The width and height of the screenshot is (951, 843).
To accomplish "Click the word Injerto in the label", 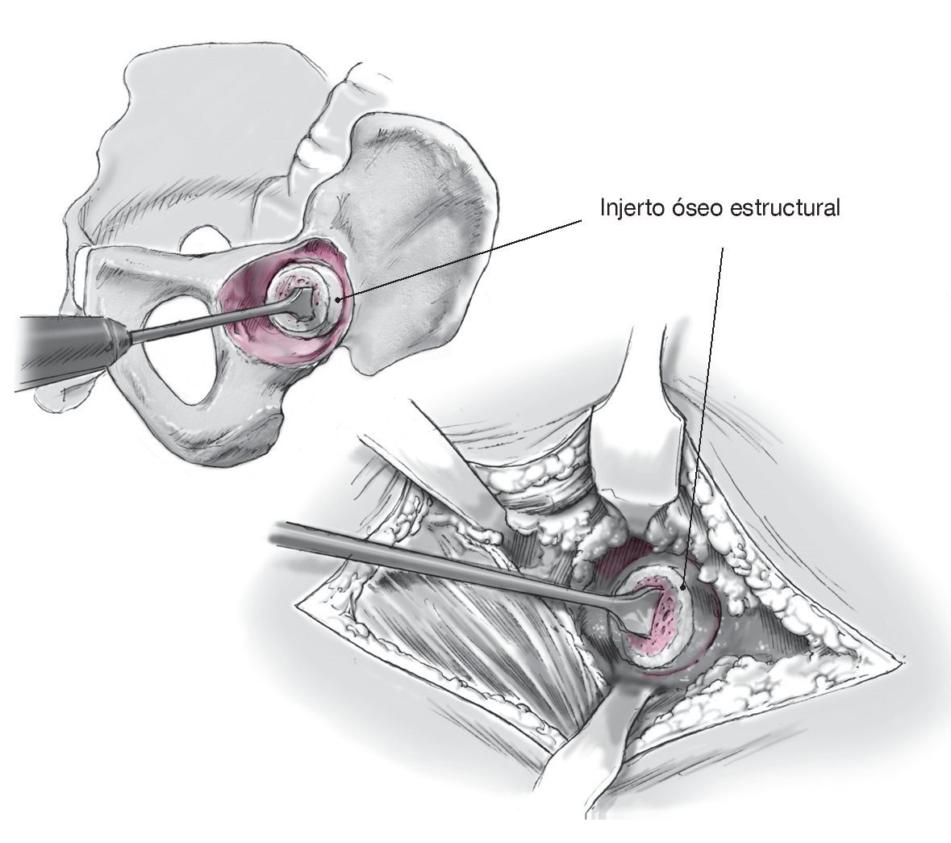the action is pos(628,209).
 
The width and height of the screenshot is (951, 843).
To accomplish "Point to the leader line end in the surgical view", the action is pos(683,586).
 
